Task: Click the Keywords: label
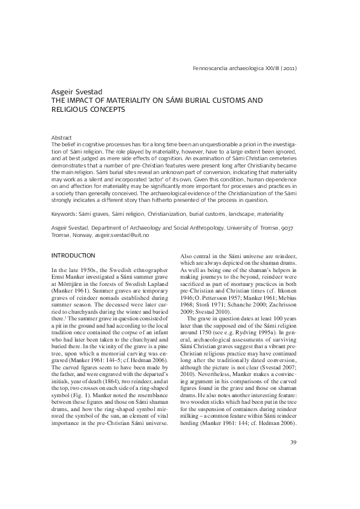(65, 214)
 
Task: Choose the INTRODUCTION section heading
(73, 256)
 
